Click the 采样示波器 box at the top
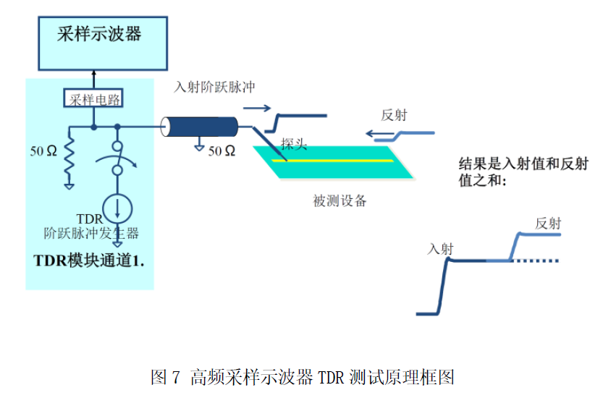pyautogui.click(x=98, y=35)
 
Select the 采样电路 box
pyautogui.click(x=93, y=99)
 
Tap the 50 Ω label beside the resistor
pyautogui.click(x=43, y=151)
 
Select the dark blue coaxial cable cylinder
pyautogui.click(x=201, y=127)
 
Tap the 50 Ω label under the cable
pyautogui.click(x=221, y=151)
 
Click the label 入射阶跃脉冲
pyautogui.click(x=214, y=87)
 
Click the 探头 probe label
pyautogui.click(x=294, y=144)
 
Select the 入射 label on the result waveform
pyautogui.click(x=440, y=249)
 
